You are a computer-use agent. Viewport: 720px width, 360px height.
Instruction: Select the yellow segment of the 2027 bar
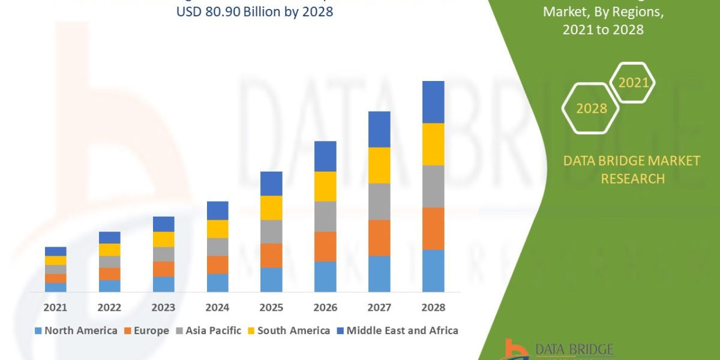(379, 165)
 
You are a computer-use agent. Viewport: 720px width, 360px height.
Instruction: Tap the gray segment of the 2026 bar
(325, 216)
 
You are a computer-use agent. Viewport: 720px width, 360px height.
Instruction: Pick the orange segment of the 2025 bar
(271, 256)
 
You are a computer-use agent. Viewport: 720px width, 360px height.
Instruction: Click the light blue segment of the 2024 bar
(217, 283)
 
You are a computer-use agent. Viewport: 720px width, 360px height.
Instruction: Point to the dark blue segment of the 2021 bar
(56, 251)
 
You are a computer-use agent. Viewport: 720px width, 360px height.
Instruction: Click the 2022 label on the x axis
(110, 307)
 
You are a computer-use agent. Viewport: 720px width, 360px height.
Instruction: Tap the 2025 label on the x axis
(271, 307)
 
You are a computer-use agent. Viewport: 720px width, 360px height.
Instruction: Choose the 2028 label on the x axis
(433, 307)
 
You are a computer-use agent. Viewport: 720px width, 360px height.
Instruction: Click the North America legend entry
(76, 331)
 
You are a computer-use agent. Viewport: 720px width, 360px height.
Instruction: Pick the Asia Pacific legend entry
(208, 331)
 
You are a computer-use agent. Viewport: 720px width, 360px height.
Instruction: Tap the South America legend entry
(288, 331)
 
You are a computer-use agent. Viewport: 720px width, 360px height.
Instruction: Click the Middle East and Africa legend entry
(397, 331)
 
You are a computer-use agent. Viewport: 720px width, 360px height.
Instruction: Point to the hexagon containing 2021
(633, 83)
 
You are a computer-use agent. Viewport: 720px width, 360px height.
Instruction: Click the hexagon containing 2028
(591, 109)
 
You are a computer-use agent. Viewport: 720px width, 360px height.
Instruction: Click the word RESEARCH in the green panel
(632, 178)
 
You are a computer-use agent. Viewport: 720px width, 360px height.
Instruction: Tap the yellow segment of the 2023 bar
(164, 239)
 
